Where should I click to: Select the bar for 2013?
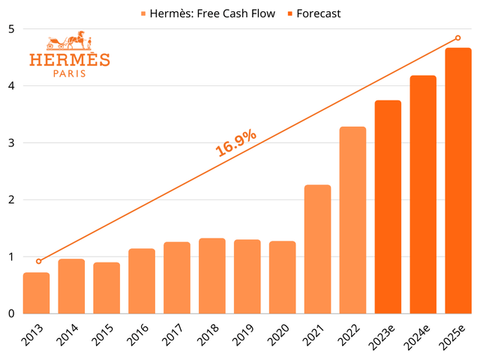[36, 293]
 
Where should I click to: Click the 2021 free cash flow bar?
[318, 249]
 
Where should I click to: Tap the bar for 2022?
[353, 220]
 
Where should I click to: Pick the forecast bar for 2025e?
[459, 181]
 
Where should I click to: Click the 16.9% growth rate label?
[236, 142]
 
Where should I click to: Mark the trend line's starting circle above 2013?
[39, 261]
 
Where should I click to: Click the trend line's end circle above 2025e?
[458, 38]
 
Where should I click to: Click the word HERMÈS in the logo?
[69, 60]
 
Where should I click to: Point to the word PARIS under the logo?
[69, 73]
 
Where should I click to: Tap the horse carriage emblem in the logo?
[69, 41]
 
